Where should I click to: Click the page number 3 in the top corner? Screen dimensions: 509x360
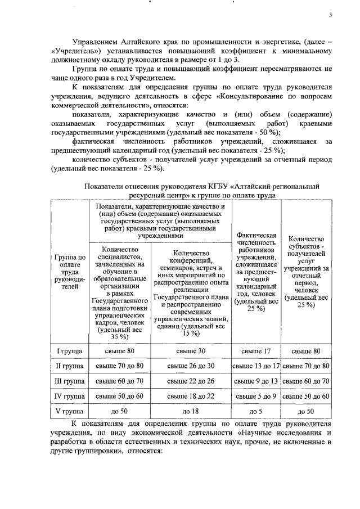(332, 15)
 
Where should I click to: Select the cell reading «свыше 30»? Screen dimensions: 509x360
(192, 352)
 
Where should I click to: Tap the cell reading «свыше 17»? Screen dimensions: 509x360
(256, 352)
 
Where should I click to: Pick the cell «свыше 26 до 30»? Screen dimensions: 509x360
(192, 366)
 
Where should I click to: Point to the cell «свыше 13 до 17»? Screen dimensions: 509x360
(256, 366)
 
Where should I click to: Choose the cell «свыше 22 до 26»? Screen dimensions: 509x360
(192, 381)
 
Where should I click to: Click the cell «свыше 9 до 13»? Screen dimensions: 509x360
(256, 381)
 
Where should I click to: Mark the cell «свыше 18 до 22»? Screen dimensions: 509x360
(192, 396)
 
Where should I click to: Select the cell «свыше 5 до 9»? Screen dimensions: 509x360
(256, 396)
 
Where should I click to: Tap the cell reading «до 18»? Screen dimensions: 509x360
(192, 411)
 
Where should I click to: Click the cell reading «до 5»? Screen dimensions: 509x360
(256, 411)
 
